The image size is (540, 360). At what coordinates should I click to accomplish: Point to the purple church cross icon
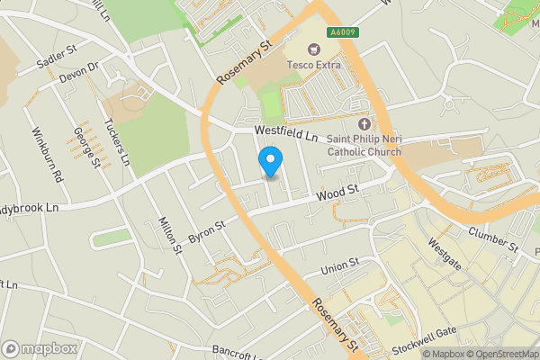(364, 124)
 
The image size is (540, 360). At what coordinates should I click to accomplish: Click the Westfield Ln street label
(286, 133)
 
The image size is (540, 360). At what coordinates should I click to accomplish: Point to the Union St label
(339, 265)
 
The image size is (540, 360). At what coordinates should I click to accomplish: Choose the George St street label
(85, 147)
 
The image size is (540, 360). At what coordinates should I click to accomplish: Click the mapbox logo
(40, 348)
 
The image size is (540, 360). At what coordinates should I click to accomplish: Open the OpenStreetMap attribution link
(499, 354)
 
